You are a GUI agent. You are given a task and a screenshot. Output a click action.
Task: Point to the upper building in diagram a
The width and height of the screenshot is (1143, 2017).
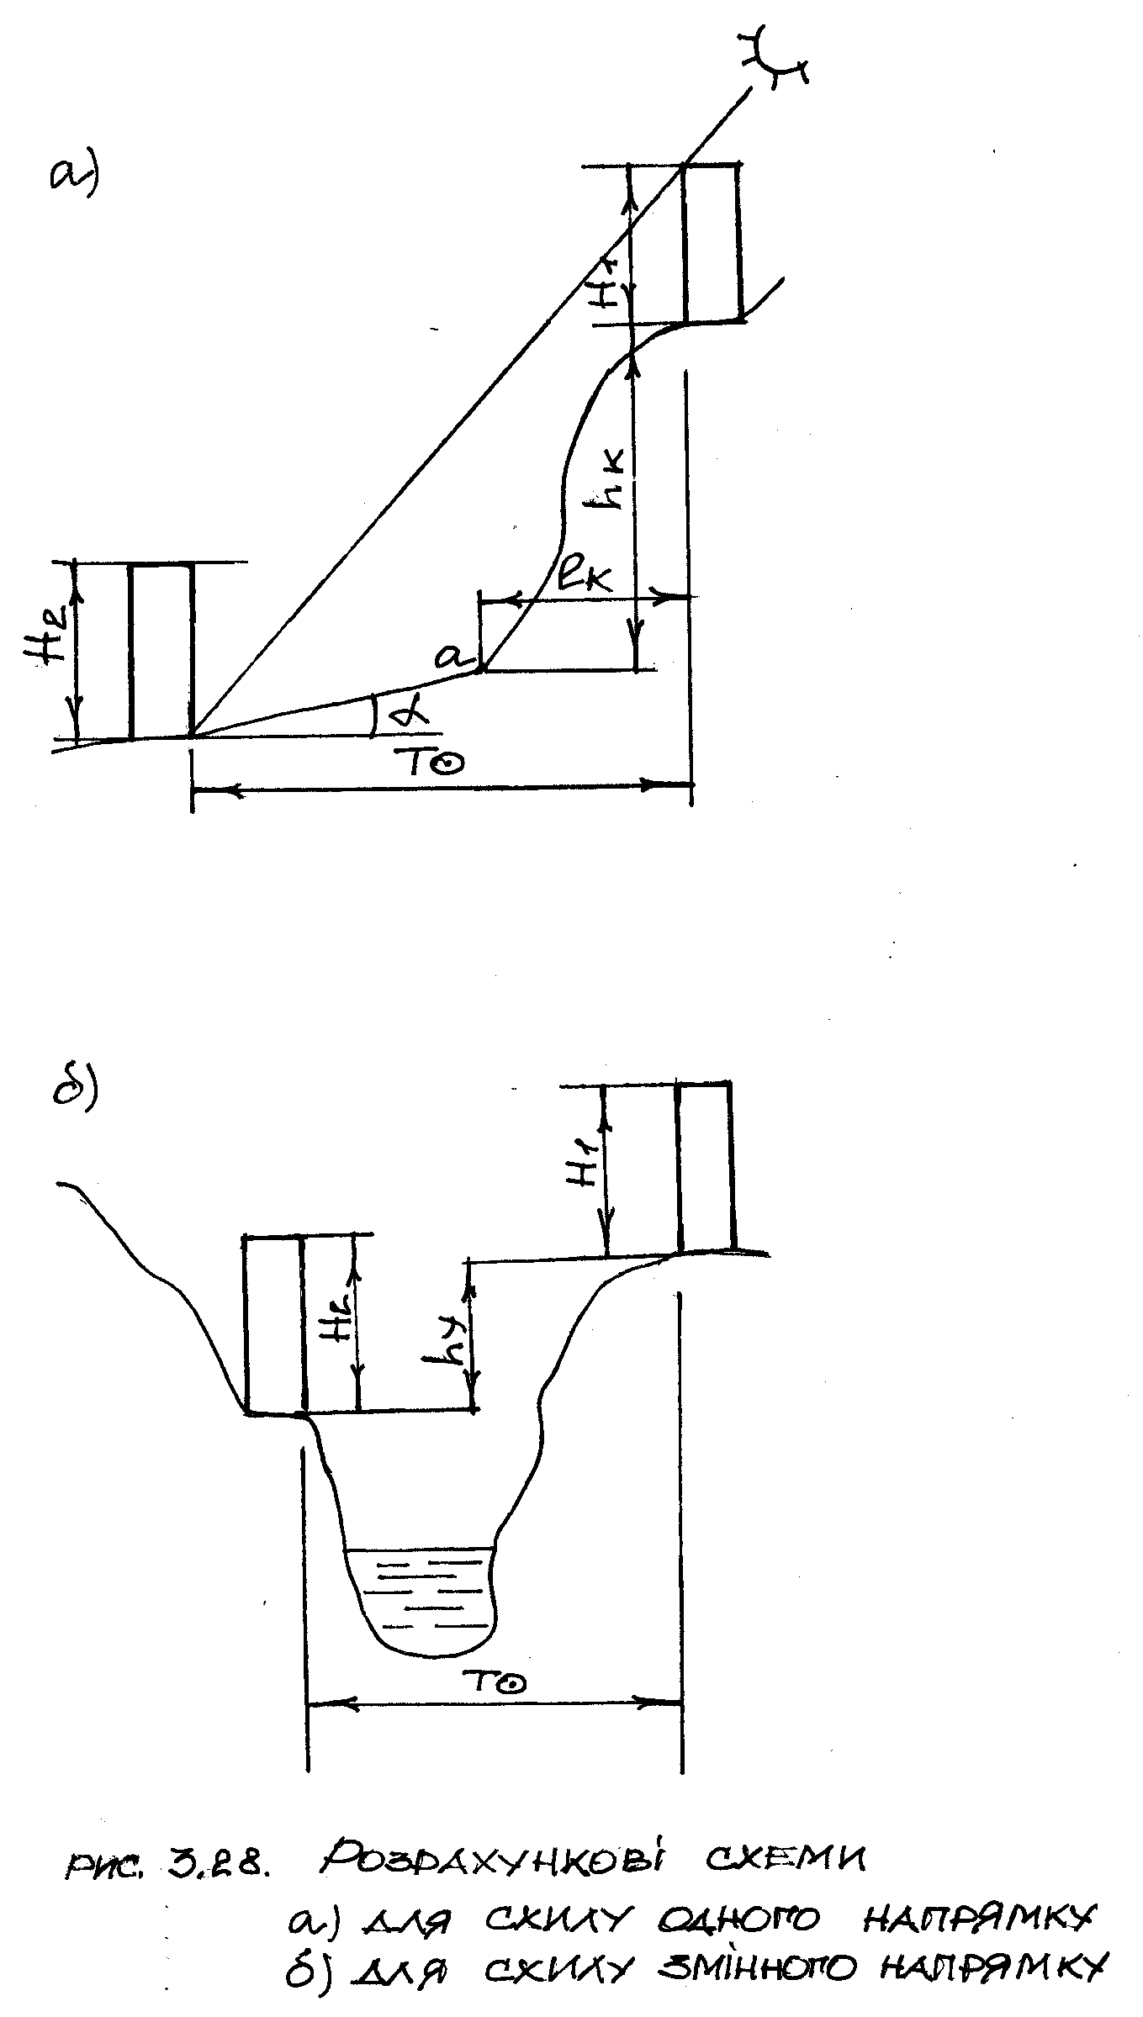coord(712,243)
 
